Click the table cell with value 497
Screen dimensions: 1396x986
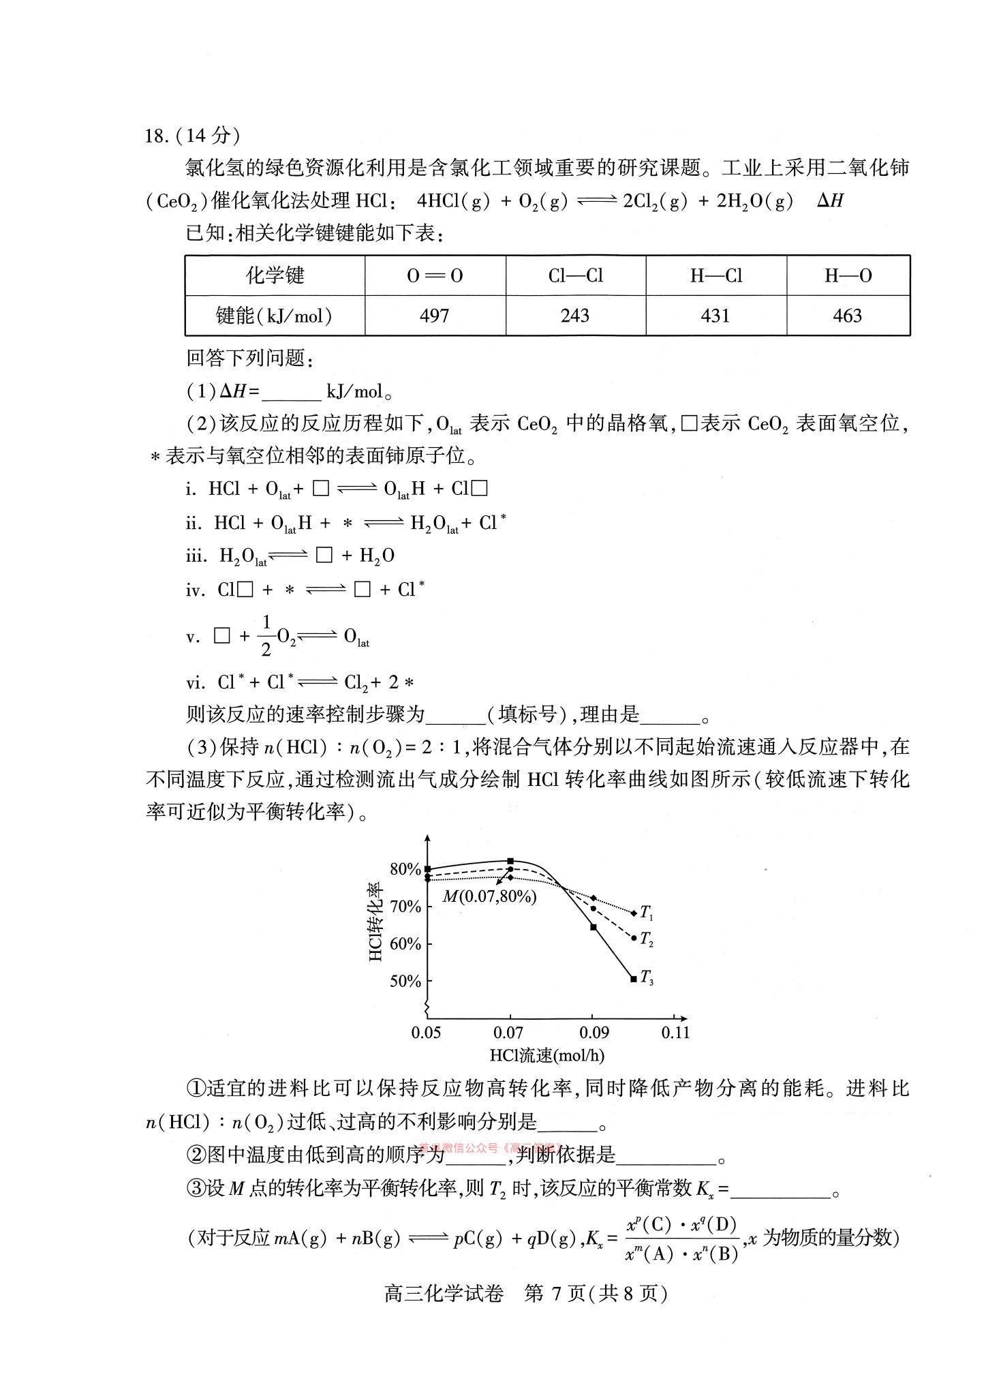[435, 316]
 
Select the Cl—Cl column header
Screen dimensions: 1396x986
[576, 275]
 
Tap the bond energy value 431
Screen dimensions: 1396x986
[715, 316]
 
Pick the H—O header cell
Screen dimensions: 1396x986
[848, 275]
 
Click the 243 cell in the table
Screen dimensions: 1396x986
[575, 316]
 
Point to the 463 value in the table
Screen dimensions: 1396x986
[848, 316]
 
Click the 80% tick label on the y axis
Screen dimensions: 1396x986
[405, 869]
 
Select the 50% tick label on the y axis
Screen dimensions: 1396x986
[405, 982]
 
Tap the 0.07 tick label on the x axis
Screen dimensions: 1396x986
[508, 1033]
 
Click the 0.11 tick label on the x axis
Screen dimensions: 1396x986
[675, 1033]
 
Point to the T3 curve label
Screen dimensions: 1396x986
[647, 980]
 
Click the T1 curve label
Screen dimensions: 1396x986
[647, 913]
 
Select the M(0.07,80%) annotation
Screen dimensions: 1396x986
[490, 896]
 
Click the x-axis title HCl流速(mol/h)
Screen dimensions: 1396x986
[547, 1056]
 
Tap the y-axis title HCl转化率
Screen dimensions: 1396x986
[376, 923]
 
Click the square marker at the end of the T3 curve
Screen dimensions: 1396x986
[634, 979]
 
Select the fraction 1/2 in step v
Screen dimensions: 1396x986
[266, 635]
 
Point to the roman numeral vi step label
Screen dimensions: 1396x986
[195, 682]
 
